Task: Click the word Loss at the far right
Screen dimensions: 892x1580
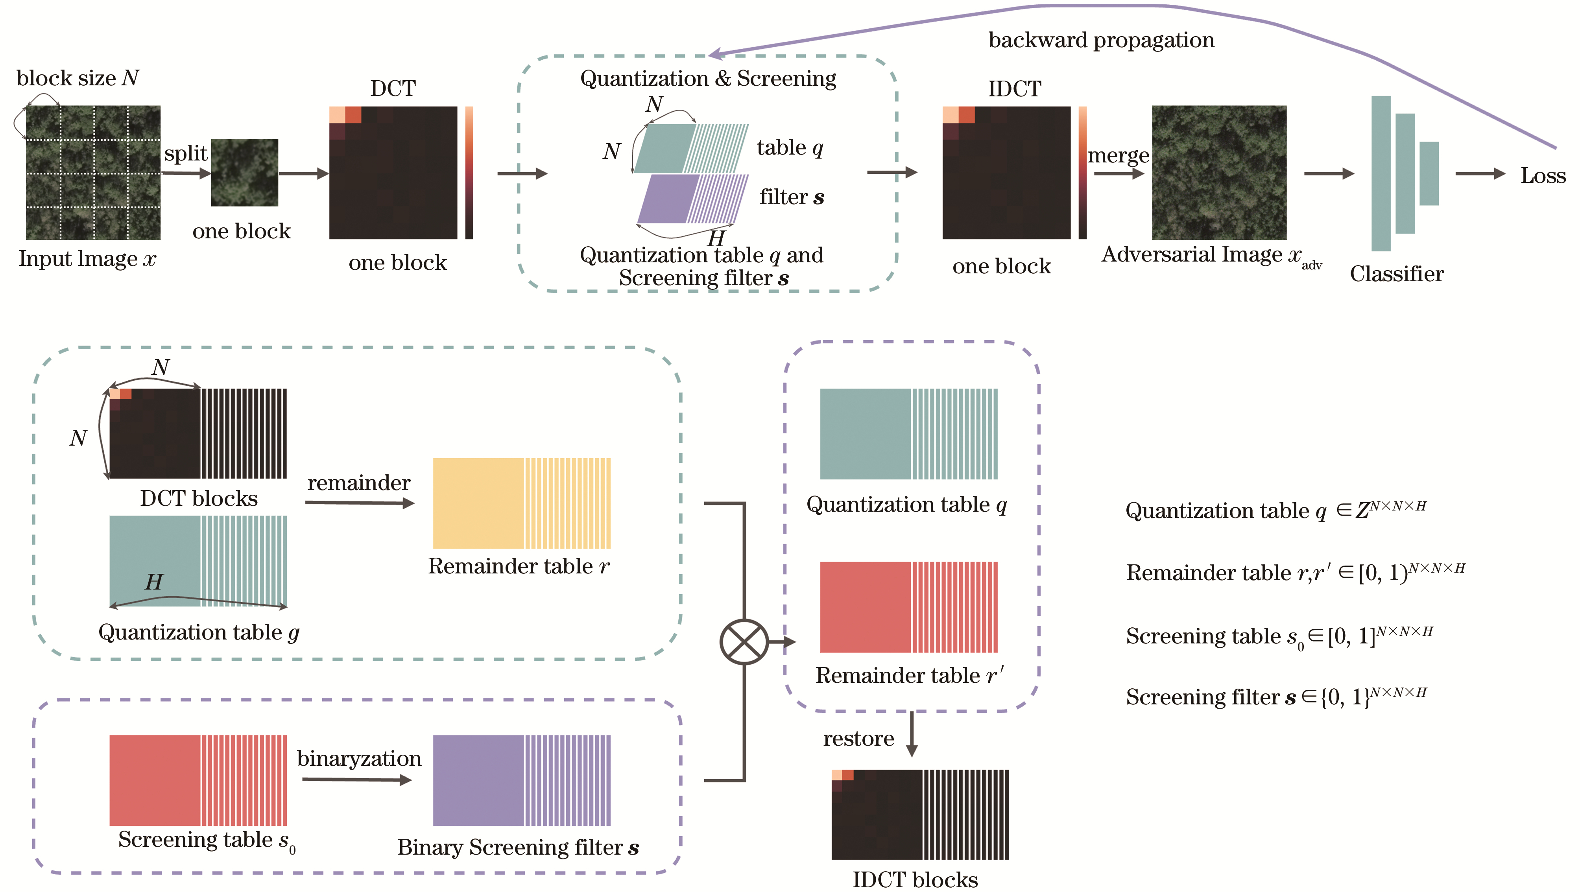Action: click(1543, 176)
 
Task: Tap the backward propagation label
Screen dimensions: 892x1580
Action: click(1101, 41)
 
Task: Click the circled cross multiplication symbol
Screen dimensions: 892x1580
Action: click(744, 642)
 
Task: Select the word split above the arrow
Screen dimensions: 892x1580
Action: click(185, 153)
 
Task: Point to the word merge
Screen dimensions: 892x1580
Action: click(1118, 156)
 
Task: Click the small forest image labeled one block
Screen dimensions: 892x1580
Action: click(244, 173)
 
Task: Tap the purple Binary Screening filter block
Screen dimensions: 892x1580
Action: click(521, 780)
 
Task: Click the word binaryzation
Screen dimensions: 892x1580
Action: click(359, 759)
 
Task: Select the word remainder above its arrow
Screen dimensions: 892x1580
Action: click(359, 483)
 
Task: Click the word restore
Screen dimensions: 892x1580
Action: click(858, 739)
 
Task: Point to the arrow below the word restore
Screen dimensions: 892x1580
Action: click(912, 734)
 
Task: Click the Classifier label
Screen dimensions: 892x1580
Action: click(1397, 274)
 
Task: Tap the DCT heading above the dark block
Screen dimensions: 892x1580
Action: click(393, 89)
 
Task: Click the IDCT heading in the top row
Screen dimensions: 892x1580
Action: click(1014, 89)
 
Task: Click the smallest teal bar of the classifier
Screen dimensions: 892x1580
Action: click(1429, 173)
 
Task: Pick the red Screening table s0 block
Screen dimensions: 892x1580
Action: click(197, 780)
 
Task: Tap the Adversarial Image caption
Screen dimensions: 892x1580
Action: click(1202, 255)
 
